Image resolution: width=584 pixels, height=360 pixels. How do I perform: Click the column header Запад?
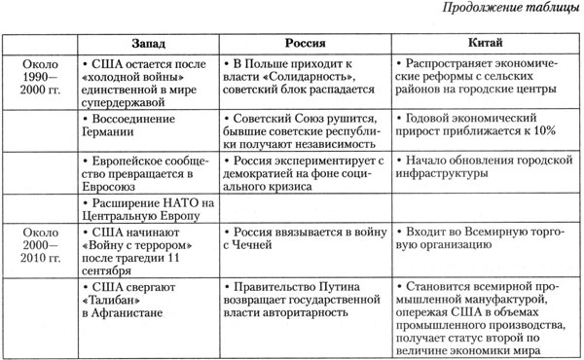click(148, 45)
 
